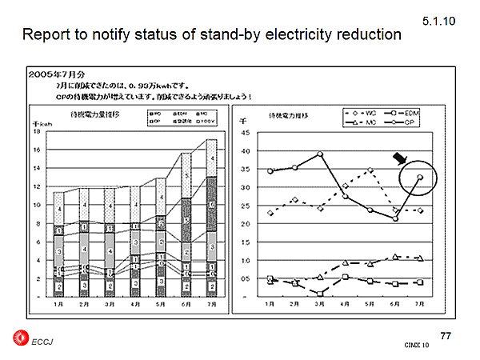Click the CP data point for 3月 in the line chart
point(320,154)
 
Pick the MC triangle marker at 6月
point(395,257)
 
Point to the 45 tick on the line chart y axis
point(246,133)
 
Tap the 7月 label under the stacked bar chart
point(210,305)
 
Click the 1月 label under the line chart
point(270,305)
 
